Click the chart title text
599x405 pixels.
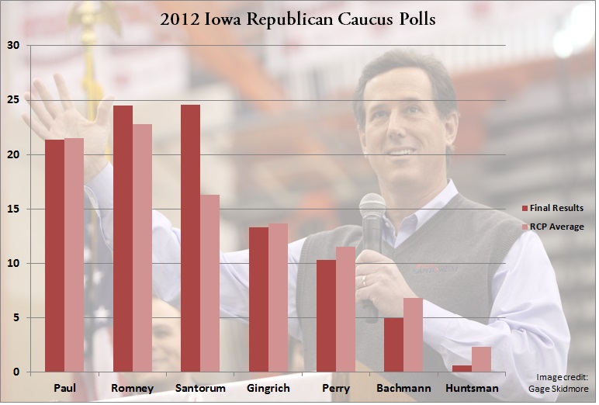click(x=298, y=19)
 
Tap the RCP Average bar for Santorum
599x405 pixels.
click(x=209, y=283)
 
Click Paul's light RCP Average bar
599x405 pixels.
click(x=74, y=255)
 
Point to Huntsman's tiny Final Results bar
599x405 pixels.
click(x=462, y=369)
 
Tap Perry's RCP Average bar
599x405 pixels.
click(x=345, y=310)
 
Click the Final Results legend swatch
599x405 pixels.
click(x=525, y=208)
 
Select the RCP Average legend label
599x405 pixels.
click(x=557, y=227)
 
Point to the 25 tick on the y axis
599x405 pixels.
click(x=12, y=100)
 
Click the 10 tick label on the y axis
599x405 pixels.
click(x=12, y=264)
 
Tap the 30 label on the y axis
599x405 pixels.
click(x=12, y=46)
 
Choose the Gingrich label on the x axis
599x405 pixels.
click(x=268, y=388)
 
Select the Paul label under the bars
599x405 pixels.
click(x=64, y=388)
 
